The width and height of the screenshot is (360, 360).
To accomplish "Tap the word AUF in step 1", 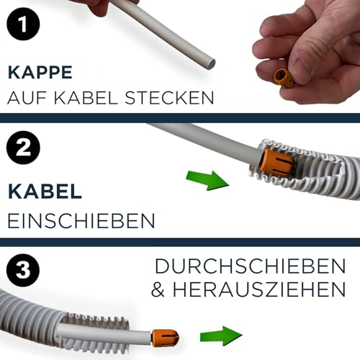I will point(27,96).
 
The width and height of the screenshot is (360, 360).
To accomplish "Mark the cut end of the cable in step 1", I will point(211,63).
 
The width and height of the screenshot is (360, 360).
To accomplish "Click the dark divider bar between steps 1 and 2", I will point(180,117).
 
